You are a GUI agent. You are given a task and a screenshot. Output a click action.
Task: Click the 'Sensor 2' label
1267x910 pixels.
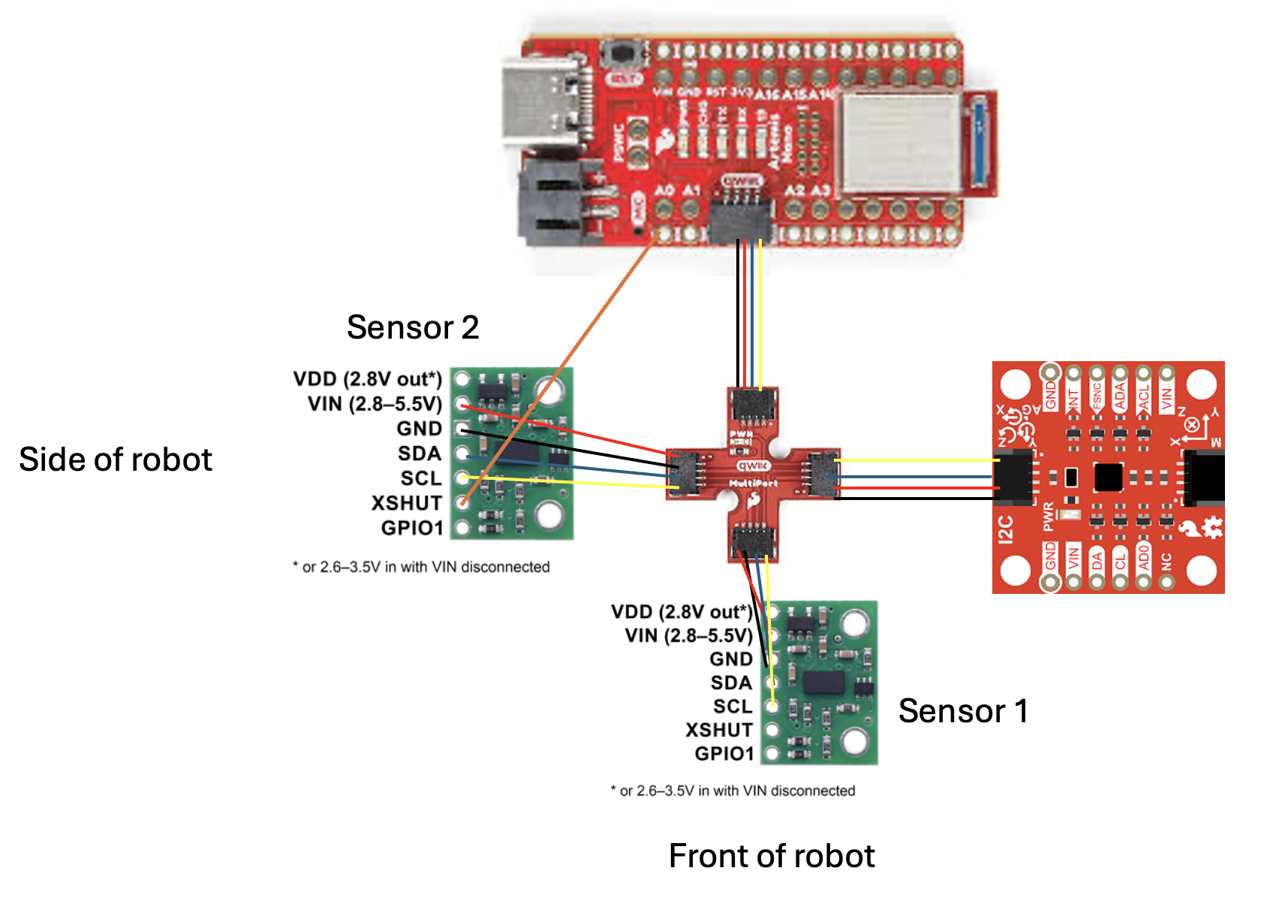pos(412,327)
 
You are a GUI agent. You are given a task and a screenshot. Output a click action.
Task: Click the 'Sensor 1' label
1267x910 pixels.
pos(962,711)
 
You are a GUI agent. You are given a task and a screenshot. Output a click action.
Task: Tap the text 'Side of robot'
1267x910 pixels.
pos(116,460)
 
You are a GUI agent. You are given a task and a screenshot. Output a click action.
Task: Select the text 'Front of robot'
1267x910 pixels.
pos(771,856)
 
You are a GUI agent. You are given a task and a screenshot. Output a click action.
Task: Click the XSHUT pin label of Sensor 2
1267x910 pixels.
pos(406,503)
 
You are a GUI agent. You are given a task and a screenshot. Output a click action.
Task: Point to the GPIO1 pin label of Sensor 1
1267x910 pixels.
pos(724,753)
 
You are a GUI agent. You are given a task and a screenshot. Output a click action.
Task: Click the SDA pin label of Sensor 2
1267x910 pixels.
pos(419,453)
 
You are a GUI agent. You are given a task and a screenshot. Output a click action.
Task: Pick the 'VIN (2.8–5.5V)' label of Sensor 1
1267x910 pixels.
pos(688,636)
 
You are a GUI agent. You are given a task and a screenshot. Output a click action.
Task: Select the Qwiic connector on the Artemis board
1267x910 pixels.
pos(739,218)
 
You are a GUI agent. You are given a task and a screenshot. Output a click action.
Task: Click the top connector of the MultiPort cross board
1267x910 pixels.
pos(753,405)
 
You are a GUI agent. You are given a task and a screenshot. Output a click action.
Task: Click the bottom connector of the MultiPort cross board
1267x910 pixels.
pos(753,542)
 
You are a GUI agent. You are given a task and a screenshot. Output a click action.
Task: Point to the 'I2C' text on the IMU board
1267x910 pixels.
pos(1006,529)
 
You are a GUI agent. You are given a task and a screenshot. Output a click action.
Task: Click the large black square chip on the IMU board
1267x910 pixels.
pos(1108,476)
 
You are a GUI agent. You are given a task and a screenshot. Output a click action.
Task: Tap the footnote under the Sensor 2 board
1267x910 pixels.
pos(421,567)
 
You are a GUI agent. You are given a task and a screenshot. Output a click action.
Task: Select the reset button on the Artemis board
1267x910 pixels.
pos(622,54)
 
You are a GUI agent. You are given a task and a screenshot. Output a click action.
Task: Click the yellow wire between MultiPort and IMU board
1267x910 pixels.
pos(916,460)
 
